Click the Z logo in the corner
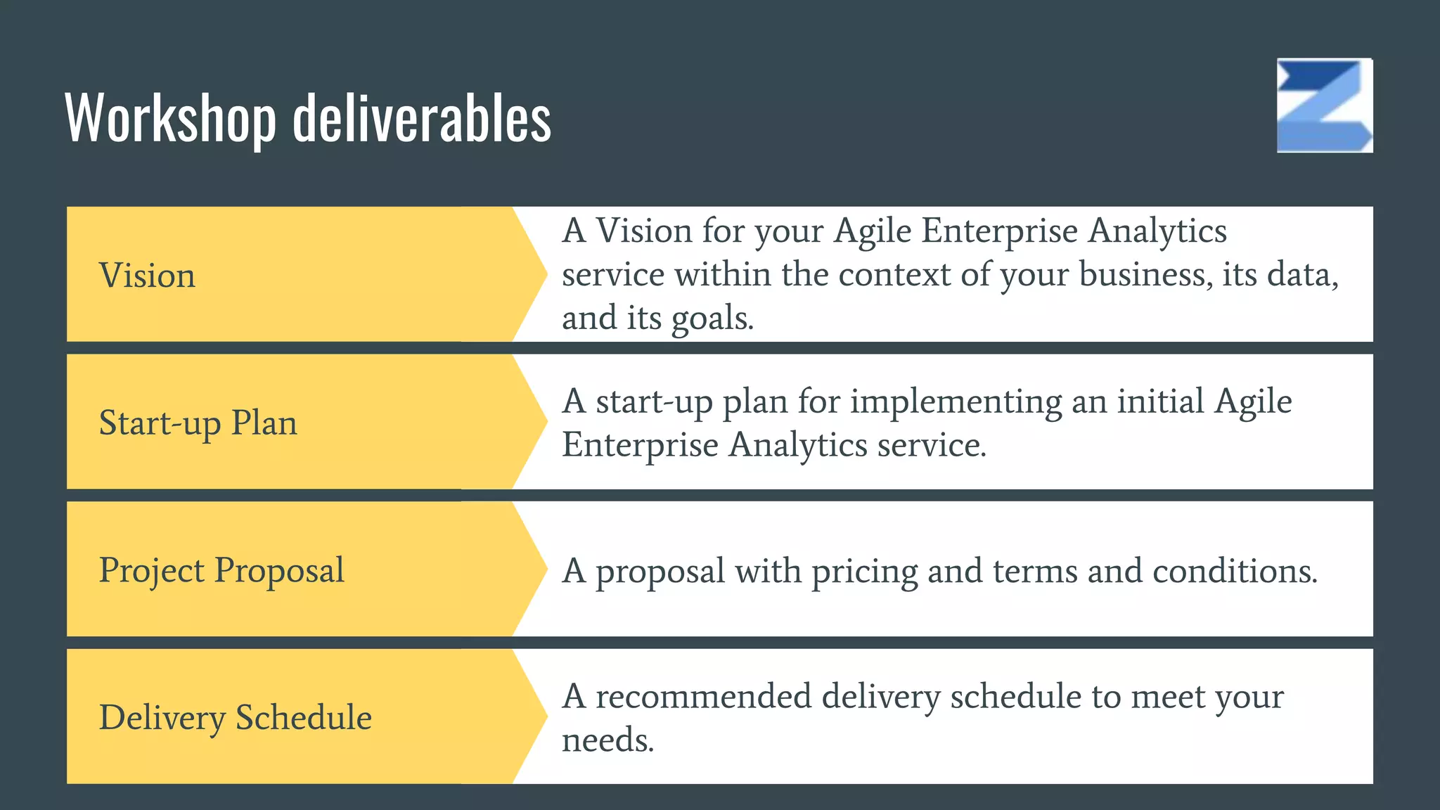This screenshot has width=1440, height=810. [x=1325, y=105]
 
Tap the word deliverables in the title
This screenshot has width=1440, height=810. [x=421, y=117]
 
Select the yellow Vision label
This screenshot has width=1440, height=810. [x=147, y=275]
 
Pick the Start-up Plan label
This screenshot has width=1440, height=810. [x=198, y=423]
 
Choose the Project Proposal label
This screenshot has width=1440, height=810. [x=221, y=570]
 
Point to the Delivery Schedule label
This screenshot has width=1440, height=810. [x=235, y=717]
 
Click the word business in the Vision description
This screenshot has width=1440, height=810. [x=1145, y=274]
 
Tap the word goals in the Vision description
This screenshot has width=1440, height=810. [x=712, y=318]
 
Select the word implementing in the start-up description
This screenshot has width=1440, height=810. [x=956, y=402]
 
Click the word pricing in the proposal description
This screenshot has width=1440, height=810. [x=864, y=571]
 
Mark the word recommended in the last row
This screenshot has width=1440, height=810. [x=703, y=696]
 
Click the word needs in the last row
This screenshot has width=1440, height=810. [x=607, y=740]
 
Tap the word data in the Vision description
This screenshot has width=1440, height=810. [x=1302, y=274]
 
